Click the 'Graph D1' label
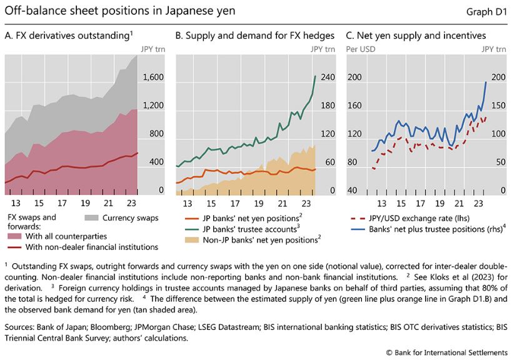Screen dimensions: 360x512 (486, 11)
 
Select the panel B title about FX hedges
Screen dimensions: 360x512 (254, 36)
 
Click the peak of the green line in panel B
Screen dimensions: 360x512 (314, 76)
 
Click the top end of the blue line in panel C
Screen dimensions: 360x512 (486, 82)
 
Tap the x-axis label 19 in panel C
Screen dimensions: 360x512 (440, 204)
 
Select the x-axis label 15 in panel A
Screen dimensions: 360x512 (39, 204)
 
